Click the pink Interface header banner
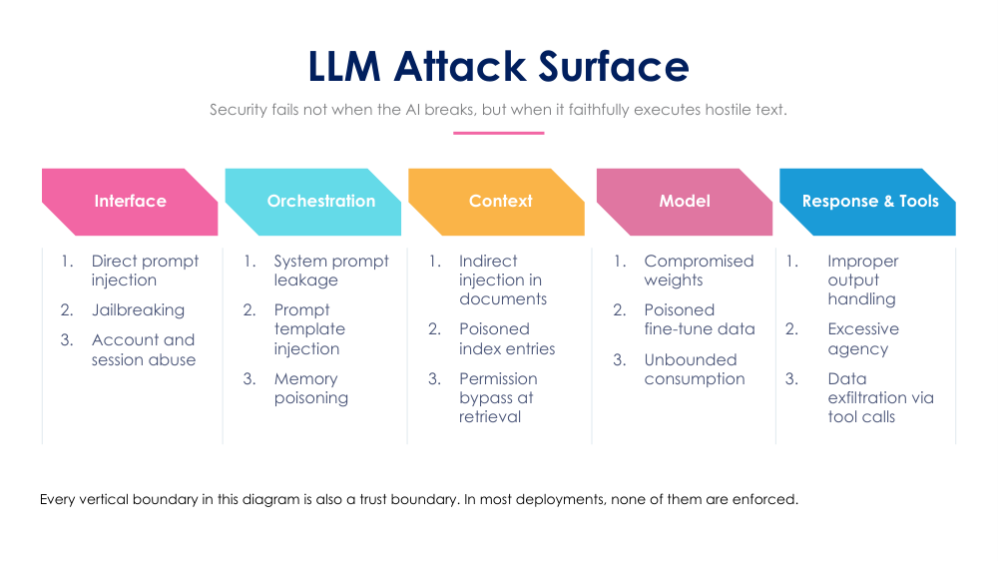(x=130, y=202)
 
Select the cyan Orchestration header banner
(x=313, y=202)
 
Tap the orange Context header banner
(x=496, y=202)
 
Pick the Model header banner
(x=685, y=202)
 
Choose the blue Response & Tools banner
(x=867, y=202)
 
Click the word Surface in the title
(x=614, y=66)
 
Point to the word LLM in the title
(x=344, y=66)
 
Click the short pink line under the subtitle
(x=498, y=133)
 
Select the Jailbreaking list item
(x=138, y=310)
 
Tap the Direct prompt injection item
(x=145, y=271)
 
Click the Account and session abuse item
(x=143, y=349)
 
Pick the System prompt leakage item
(x=331, y=271)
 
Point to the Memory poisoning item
(x=311, y=388)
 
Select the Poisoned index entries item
(x=507, y=338)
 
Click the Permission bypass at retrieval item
(x=498, y=397)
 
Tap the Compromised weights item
(x=699, y=271)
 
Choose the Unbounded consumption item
(x=695, y=369)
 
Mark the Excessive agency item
(x=863, y=338)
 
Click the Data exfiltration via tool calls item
(x=881, y=397)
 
